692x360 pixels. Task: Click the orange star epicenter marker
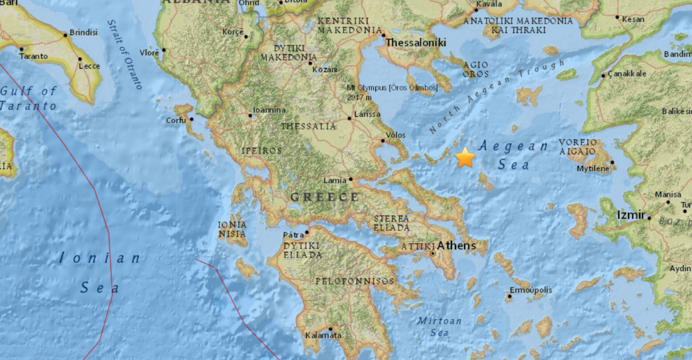pos(465,157)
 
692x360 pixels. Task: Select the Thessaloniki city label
pos(416,43)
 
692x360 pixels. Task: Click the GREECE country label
pos(324,197)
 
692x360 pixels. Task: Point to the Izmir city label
pos(631,215)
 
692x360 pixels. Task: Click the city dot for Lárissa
pos(350,118)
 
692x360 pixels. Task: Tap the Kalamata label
pos(324,335)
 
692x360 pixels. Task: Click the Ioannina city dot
pos(250,116)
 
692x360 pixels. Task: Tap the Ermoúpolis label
pos(531,290)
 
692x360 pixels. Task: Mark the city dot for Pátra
pos(306,232)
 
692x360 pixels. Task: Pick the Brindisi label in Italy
pos(83,33)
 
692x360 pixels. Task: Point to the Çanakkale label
pos(626,74)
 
